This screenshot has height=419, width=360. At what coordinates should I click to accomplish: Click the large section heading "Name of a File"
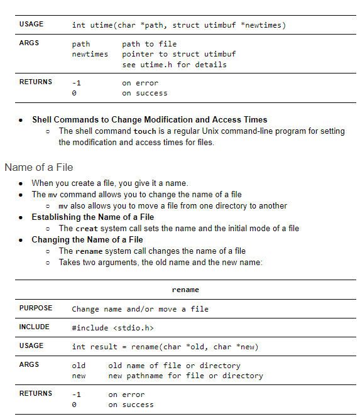(38, 167)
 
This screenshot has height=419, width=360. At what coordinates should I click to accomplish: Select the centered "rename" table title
(185, 290)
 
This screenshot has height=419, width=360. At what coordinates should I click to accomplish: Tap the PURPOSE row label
(36, 308)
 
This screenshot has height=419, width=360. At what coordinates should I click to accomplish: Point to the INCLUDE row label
(34, 327)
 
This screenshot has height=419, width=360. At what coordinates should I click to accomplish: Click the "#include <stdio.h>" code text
(112, 328)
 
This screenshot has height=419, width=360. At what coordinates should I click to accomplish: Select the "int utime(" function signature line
(178, 25)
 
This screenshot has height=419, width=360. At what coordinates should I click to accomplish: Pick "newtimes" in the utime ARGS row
(90, 54)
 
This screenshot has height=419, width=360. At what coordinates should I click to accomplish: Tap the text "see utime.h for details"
(174, 64)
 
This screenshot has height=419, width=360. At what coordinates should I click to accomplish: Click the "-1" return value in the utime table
(76, 83)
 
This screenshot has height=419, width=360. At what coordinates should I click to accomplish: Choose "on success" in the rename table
(131, 405)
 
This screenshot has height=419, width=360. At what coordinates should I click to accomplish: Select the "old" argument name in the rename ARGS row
(79, 366)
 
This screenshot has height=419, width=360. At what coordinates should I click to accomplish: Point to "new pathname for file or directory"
(185, 376)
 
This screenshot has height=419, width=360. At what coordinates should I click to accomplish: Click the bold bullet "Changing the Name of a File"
(87, 239)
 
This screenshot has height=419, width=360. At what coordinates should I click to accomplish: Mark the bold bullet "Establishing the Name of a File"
(93, 217)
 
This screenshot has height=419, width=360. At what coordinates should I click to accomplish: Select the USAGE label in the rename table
(31, 346)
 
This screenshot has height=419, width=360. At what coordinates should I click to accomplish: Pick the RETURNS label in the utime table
(36, 82)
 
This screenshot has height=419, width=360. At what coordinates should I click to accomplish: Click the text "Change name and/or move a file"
(140, 309)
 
